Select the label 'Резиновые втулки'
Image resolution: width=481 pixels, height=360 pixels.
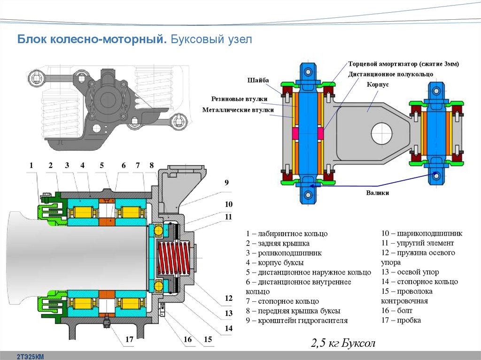239,99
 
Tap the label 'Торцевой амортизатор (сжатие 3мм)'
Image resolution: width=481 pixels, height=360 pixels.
403,63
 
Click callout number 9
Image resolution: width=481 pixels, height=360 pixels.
226,182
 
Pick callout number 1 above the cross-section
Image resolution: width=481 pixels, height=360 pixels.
31,165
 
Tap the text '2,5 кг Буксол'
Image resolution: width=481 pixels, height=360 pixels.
343,343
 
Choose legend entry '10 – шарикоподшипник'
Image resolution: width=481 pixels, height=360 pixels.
421,233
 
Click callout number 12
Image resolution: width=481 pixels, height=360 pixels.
229,298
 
